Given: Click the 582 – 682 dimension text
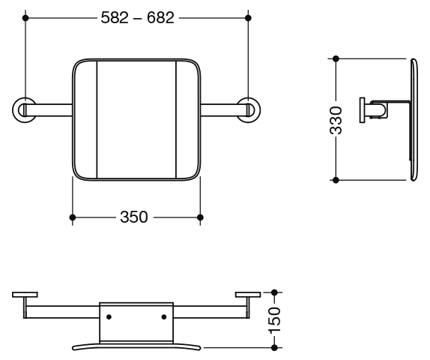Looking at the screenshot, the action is pos(137,18).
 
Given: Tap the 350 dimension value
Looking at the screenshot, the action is pos(134,217).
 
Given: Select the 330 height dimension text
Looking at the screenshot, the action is pos(336,120).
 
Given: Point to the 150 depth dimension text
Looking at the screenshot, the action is pos(274,320).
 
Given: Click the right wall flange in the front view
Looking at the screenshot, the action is pos(258,109).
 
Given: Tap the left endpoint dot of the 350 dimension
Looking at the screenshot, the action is pos(73,217).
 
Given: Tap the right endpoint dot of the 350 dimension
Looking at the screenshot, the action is pos(200,217).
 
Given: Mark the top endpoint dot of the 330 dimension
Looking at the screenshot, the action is pos(336,58).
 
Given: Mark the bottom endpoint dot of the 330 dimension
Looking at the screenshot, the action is pos(336,180).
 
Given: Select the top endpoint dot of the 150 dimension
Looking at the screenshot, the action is pos(274,292).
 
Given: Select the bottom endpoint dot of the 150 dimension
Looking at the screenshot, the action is pos(274,348).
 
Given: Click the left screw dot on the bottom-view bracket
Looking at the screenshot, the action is pos(109,317).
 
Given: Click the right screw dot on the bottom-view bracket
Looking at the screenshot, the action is pos(164,317).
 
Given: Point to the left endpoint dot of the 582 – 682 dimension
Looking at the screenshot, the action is pos(25,18).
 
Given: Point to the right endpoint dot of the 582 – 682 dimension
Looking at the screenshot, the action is pos(248,18).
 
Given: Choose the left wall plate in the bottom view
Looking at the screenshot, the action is pos(25,295).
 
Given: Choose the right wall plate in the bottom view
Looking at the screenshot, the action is pos(248,295).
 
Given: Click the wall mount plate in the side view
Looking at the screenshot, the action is pos(362,109).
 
